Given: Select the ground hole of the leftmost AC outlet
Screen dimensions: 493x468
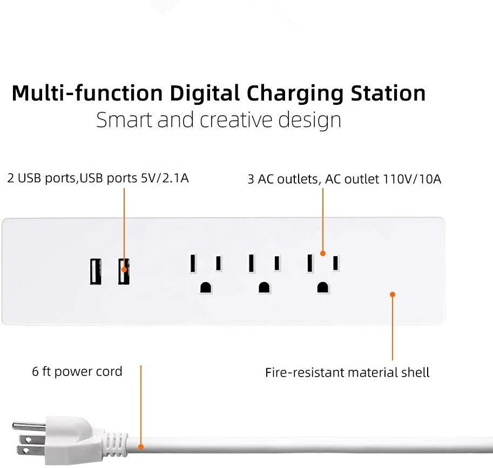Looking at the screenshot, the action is pos(205,287).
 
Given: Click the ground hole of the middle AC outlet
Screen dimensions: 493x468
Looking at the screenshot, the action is pos(264,287).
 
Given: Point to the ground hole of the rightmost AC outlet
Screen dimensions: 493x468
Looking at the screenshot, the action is pos(322,287).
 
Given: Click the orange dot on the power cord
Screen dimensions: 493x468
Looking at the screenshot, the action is pos(141,446).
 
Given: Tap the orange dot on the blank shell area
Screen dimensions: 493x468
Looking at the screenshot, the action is pos(393,294).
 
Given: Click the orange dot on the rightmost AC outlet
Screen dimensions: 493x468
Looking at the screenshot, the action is pos(323,253).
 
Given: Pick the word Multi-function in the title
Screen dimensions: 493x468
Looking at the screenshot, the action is pos(87,93).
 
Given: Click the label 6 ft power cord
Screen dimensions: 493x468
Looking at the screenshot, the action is pos(77,372).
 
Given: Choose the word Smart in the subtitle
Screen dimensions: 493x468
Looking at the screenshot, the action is pos(124,119).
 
